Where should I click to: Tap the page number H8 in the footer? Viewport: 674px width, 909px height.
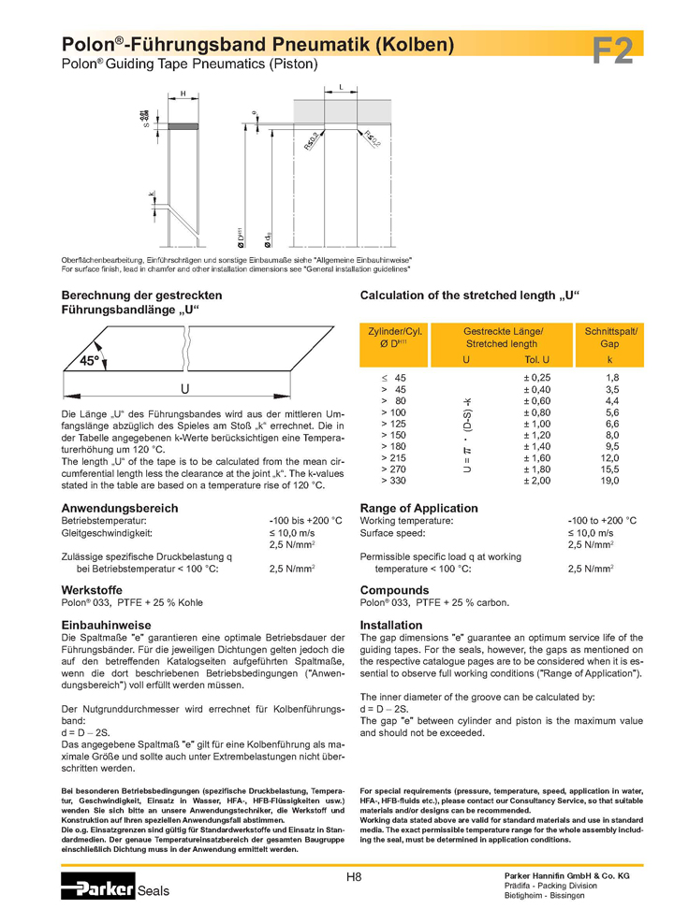click(354, 875)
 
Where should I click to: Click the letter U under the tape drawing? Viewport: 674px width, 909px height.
click(185, 388)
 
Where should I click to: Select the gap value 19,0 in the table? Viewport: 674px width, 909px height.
click(610, 480)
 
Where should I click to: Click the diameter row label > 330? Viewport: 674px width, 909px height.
click(394, 480)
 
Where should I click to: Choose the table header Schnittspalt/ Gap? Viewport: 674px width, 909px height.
click(610, 338)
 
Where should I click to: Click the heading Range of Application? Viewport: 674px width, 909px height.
click(418, 508)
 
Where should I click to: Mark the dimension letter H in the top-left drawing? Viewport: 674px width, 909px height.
click(183, 94)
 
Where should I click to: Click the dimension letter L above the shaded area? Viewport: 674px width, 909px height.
click(341, 86)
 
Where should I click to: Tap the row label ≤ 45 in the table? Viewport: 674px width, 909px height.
click(394, 377)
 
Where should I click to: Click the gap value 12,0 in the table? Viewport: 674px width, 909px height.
click(610, 457)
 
